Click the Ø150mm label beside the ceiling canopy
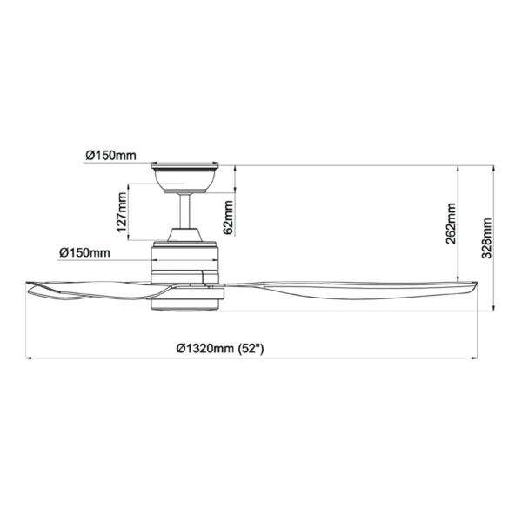click(x=110, y=156)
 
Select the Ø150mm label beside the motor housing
click(x=84, y=252)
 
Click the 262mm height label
click(x=452, y=224)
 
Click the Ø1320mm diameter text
click(x=204, y=348)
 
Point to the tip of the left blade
click(x=31, y=288)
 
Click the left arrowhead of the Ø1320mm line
click(x=29, y=358)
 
